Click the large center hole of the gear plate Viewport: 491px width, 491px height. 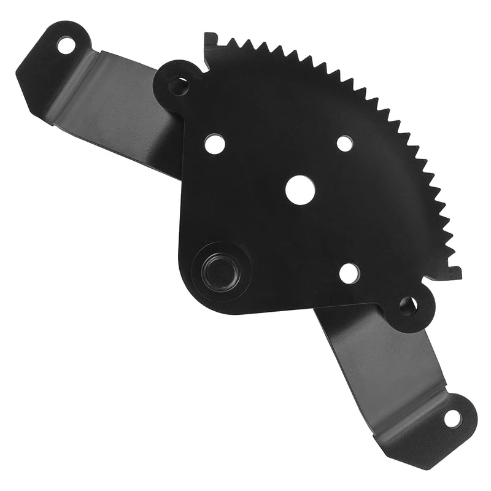[x=300, y=190]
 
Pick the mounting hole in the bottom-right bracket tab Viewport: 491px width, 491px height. [x=452, y=419]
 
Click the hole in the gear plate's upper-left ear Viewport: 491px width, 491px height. [x=178, y=85]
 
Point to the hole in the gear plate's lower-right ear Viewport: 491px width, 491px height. [x=408, y=303]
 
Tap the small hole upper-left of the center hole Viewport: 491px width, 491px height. [x=214, y=144]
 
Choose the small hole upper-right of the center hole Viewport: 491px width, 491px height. [x=345, y=143]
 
